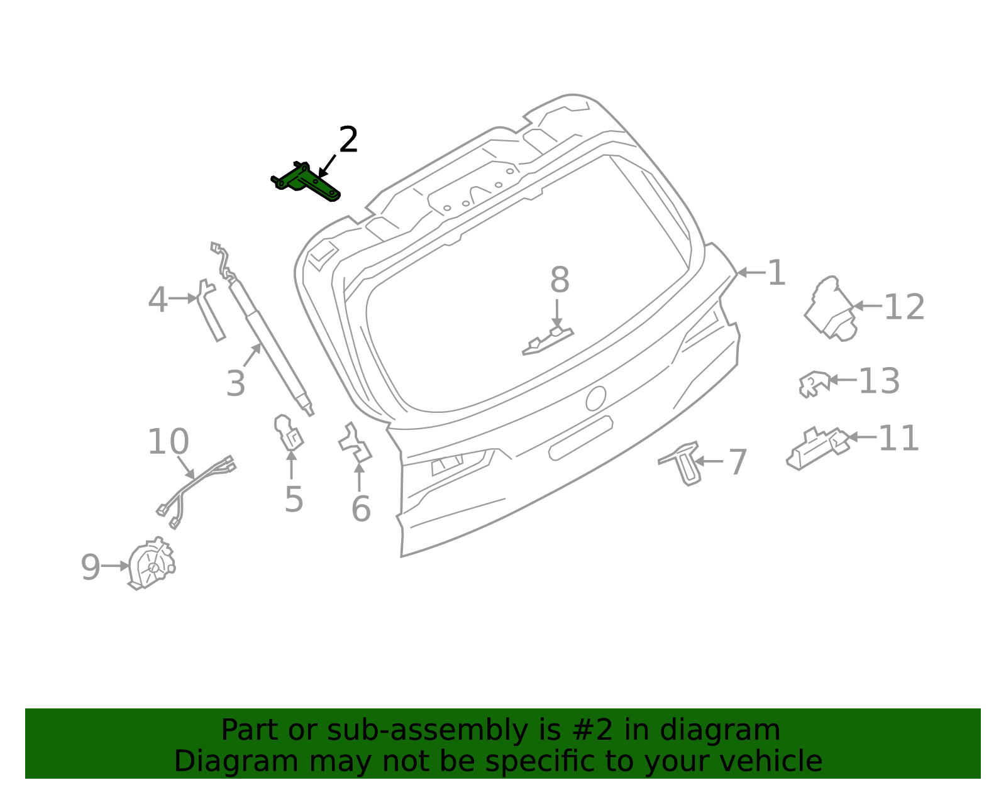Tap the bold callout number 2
pos(348,140)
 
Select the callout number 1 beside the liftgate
pos(777,273)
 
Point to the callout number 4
pos(158,300)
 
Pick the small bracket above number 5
pos(289,433)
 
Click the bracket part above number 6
pos(356,444)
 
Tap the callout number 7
pos(738,462)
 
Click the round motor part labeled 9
pos(152,564)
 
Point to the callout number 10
pos(168,442)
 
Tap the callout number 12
pos(904,307)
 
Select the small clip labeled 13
pos(814,383)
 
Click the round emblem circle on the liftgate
pos(595,398)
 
